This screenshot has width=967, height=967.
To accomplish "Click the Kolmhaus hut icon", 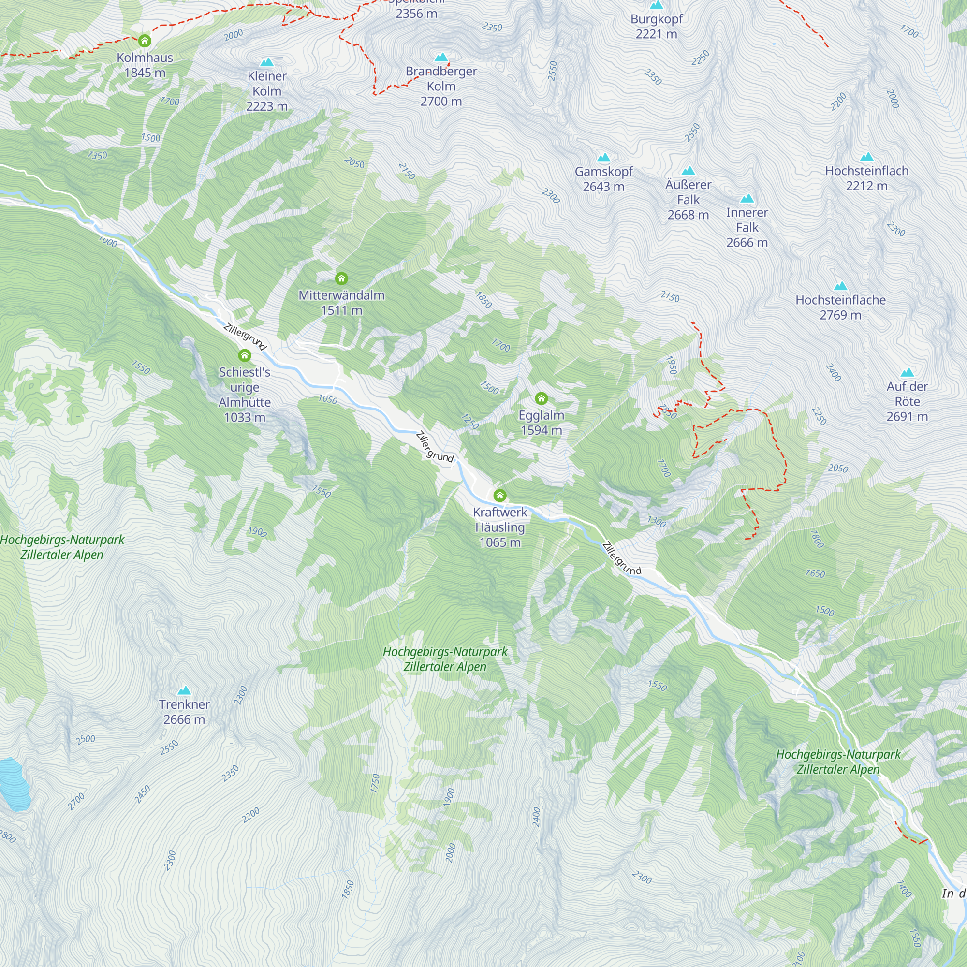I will [145, 41].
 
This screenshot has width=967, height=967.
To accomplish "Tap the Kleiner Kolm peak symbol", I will [267, 62].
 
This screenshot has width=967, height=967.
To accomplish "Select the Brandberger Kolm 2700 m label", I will [441, 86].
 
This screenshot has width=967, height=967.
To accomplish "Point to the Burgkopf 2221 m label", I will [656, 27].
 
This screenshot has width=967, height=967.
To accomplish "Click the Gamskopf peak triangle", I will [603, 158].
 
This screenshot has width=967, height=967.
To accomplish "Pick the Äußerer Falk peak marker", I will [688, 171].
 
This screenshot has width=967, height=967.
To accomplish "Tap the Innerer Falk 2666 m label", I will [747, 227].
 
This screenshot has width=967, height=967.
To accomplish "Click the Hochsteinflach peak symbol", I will [866, 157].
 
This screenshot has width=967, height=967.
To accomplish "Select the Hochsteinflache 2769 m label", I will [840, 308].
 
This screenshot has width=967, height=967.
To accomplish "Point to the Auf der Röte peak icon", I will [907, 372].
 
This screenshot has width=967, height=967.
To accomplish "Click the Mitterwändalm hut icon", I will [341, 278].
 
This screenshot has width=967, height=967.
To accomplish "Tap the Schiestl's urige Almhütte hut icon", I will [244, 355].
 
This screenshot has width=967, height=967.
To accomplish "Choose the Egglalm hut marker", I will [541, 398].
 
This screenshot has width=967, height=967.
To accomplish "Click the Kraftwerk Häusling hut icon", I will [499, 496].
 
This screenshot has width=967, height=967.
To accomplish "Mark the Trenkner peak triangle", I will [184, 691].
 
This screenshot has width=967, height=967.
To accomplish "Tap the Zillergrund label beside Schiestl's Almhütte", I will [245, 337].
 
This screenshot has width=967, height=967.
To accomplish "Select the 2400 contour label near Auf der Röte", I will [833, 372].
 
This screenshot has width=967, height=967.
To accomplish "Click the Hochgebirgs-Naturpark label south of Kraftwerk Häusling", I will [444, 659].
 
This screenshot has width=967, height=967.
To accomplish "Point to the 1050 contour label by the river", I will [328, 399].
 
